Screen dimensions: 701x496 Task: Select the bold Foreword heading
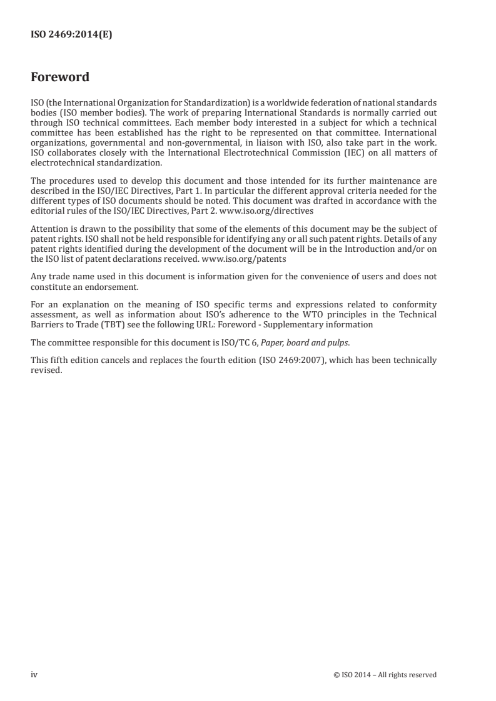tap(60, 77)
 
